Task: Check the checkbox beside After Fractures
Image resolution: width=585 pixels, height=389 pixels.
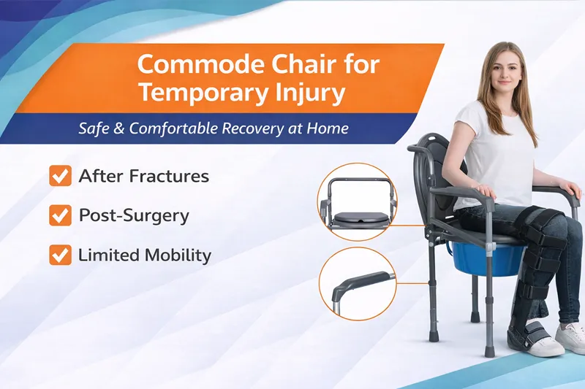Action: (x=59, y=176)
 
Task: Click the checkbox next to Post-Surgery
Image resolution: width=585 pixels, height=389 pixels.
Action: (x=59, y=215)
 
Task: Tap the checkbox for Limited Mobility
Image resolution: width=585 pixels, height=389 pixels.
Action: (x=59, y=255)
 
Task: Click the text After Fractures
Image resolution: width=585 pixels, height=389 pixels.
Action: (x=143, y=176)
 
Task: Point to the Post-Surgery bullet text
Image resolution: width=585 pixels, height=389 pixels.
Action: (x=134, y=216)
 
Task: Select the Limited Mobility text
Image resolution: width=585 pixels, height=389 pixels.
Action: (x=145, y=255)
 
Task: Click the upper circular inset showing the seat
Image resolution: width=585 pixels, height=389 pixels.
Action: (x=357, y=202)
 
